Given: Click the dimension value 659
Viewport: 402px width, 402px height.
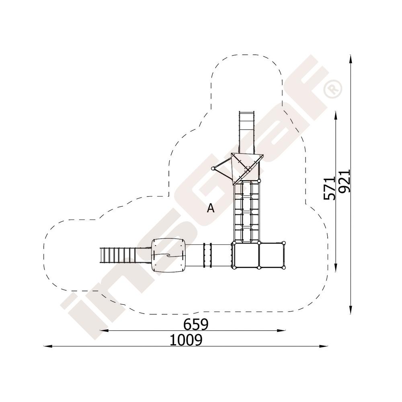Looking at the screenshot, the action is (x=196, y=324).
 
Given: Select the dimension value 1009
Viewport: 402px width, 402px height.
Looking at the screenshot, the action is (x=186, y=340).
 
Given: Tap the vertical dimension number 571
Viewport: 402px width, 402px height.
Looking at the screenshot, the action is (x=329, y=188).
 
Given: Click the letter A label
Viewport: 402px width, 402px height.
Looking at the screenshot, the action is (x=211, y=208).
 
